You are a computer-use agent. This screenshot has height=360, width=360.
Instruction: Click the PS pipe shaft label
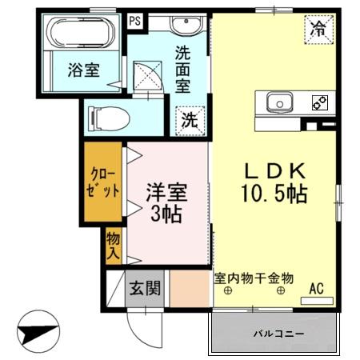pyautogui.click(x=135, y=21)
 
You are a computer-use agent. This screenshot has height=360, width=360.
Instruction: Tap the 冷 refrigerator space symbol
pyautogui.click(x=318, y=30)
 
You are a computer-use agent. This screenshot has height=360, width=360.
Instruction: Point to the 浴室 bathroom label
pyautogui.click(x=82, y=70)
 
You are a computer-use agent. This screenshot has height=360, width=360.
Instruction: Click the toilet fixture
pyautogui.click(x=110, y=118)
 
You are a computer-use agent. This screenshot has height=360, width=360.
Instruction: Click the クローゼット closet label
pyautogui.click(x=103, y=183)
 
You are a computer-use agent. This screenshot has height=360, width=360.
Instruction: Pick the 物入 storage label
pyautogui.click(x=114, y=246)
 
